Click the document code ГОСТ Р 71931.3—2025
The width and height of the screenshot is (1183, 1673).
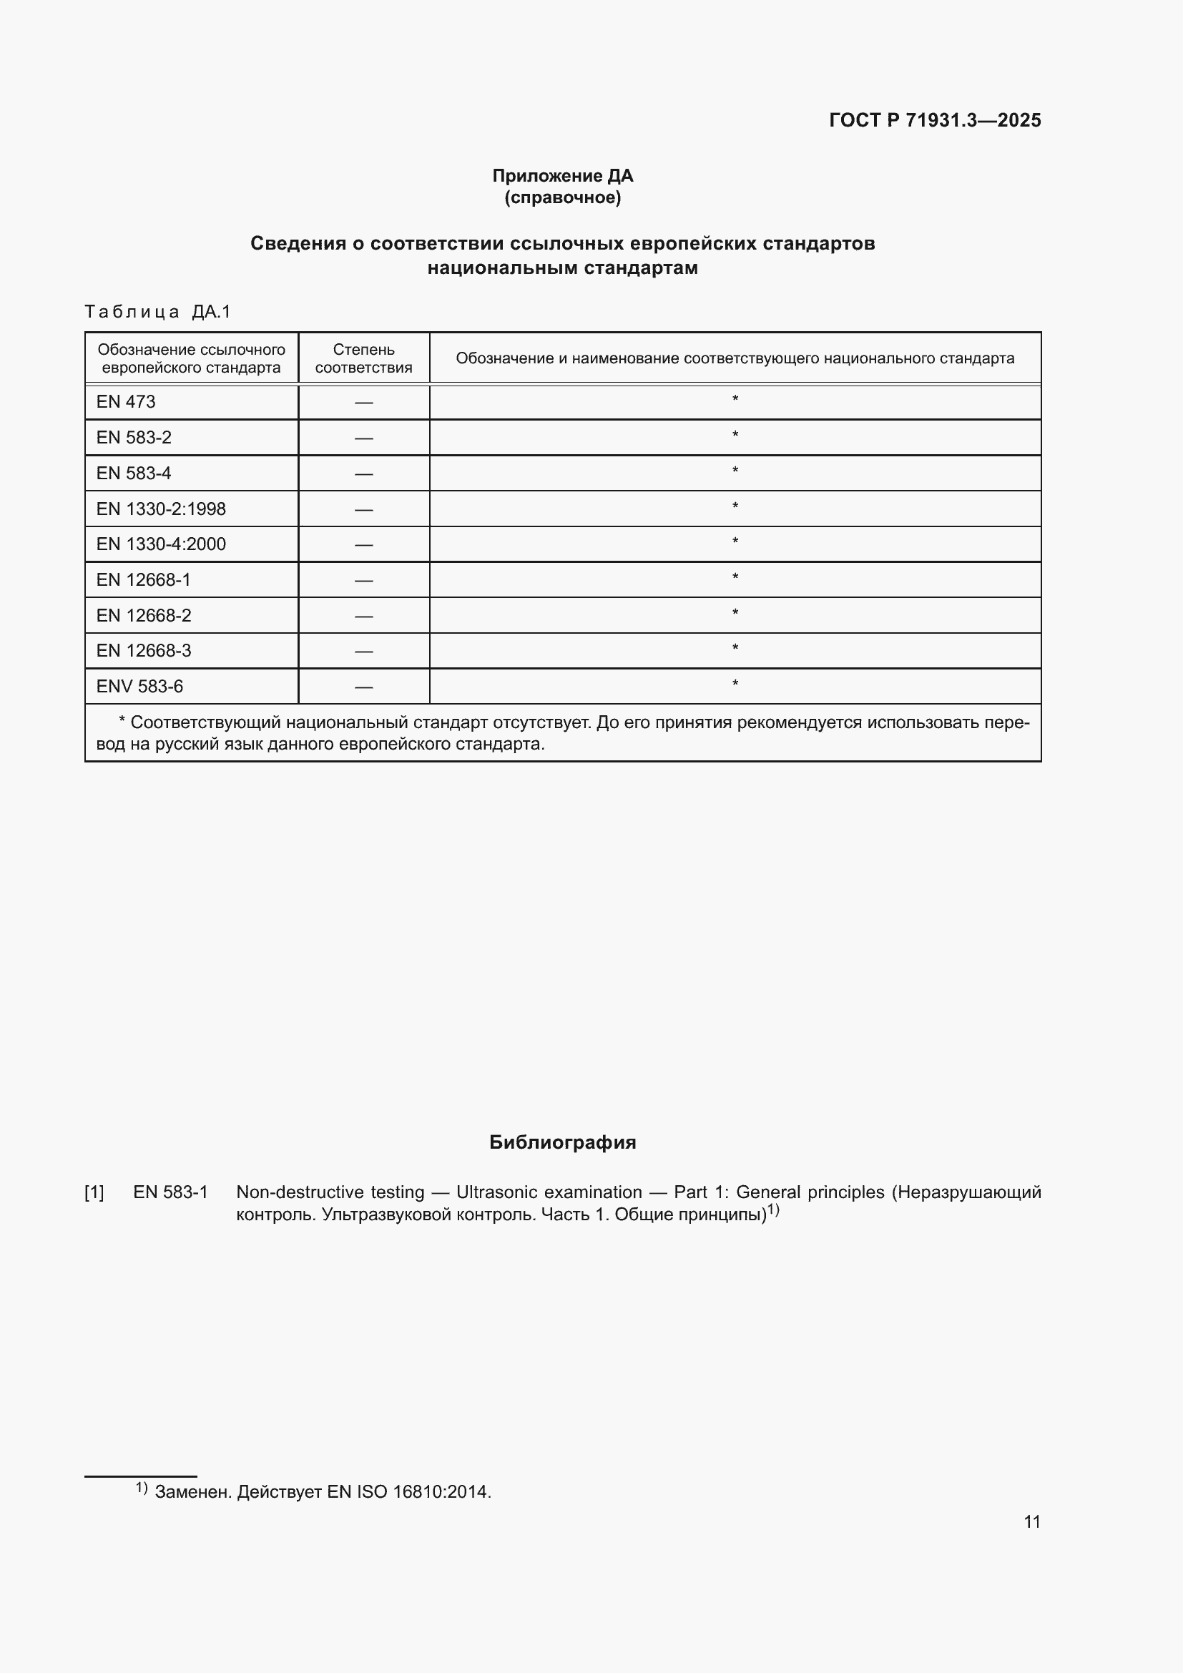(935, 120)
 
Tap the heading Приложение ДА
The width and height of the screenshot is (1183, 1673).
(562, 176)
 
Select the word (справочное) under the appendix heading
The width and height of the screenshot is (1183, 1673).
(562, 197)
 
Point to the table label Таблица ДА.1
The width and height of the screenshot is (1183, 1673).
(157, 312)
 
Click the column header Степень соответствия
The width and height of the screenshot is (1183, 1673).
(363, 358)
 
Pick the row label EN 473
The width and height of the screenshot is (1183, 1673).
(126, 401)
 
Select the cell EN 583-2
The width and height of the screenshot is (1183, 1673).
(134, 437)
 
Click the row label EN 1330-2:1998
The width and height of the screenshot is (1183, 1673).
(161, 509)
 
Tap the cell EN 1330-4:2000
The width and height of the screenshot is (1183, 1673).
(161, 544)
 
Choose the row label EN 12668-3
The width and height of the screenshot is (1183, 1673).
(144, 650)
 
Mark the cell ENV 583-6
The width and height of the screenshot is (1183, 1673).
(140, 686)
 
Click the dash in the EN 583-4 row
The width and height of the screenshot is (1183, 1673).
(363, 474)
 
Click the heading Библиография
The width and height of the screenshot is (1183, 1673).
(562, 1142)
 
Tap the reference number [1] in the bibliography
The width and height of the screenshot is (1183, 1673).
(94, 1193)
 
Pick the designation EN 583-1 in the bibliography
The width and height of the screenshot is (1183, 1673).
(170, 1193)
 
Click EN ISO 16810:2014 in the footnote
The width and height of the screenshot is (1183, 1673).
(408, 1492)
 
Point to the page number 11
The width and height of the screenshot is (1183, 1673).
(1031, 1521)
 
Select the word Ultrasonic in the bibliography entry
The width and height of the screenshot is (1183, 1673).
(499, 1193)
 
